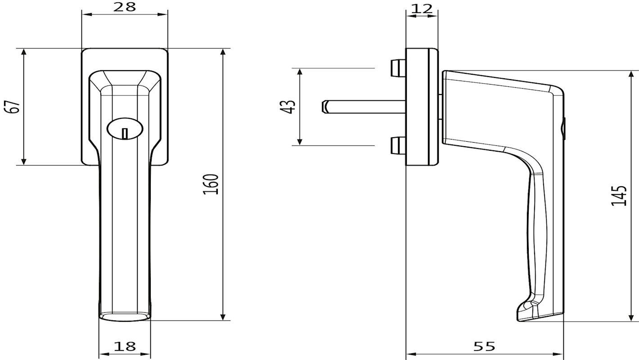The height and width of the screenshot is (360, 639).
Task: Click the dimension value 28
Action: click(x=125, y=7)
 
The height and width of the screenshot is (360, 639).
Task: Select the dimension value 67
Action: click(x=13, y=106)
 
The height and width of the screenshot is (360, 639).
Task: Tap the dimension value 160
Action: click(x=211, y=184)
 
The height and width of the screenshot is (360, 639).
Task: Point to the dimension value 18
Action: click(x=125, y=346)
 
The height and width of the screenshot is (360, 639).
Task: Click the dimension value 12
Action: click(x=422, y=9)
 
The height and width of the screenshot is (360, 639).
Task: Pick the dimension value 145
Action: click(x=619, y=196)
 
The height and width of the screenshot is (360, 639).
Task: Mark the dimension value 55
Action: click(x=484, y=346)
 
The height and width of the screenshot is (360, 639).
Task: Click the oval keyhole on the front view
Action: click(x=125, y=129)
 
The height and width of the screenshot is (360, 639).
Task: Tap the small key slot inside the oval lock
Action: click(x=125, y=133)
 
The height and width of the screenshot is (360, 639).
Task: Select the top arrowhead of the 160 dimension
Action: click(x=223, y=52)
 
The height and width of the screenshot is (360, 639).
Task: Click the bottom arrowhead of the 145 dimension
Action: click(x=631, y=318)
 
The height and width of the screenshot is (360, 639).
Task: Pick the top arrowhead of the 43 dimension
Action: click(x=300, y=72)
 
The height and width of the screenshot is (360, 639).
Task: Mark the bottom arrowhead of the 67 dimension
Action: click(x=24, y=162)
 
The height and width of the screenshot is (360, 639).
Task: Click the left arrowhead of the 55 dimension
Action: click(x=409, y=354)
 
